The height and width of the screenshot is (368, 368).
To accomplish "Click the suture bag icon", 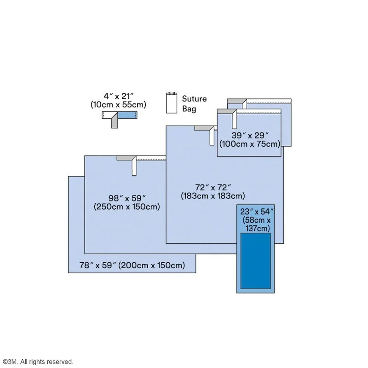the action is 172,103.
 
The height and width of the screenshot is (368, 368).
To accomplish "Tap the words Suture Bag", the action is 194,104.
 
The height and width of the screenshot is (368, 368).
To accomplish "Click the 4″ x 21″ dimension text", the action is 119,96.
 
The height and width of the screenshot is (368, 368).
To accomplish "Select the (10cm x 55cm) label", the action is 118,105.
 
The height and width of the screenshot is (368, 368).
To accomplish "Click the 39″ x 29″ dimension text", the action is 250,135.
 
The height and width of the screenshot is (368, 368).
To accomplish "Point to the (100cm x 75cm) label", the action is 250,144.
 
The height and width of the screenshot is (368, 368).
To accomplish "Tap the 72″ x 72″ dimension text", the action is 213,188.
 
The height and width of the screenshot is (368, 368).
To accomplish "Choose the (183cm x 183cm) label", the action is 213,196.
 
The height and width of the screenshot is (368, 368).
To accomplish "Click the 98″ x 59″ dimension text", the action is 127,199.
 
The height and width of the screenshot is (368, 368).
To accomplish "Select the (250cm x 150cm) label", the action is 127,207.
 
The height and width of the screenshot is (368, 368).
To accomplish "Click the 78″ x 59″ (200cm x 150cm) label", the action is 132,265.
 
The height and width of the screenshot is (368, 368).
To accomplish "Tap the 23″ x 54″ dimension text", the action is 257,212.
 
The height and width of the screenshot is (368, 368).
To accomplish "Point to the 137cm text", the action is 258,228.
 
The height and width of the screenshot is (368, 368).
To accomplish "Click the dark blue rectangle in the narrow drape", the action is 256,261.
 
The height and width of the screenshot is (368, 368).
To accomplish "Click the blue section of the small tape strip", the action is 127,115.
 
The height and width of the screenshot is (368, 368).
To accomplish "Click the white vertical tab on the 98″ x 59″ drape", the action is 134,167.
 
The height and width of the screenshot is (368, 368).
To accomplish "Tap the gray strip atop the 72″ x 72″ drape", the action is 204,128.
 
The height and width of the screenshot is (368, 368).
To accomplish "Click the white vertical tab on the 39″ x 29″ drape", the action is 235,120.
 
